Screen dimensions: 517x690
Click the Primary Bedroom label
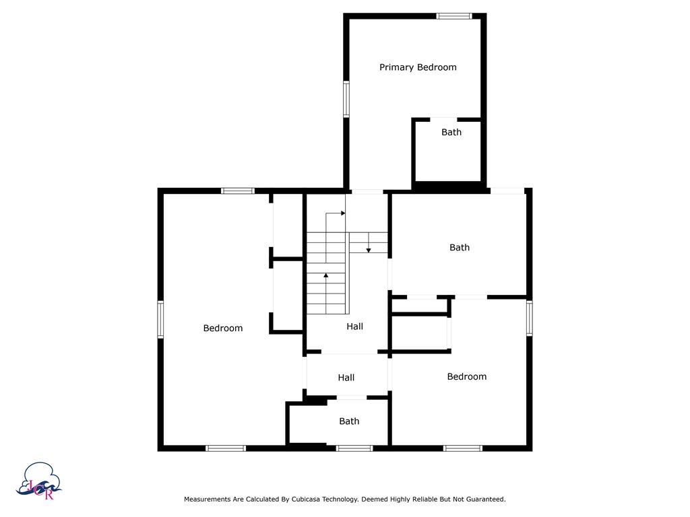click(x=418, y=67)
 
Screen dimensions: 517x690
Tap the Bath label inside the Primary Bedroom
click(x=451, y=133)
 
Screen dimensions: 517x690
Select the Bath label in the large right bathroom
click(x=460, y=248)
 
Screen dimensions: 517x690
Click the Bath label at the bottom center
click(x=349, y=421)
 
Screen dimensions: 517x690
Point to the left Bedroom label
click(x=223, y=329)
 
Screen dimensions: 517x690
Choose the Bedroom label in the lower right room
click(x=467, y=377)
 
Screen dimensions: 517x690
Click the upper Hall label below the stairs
click(x=355, y=326)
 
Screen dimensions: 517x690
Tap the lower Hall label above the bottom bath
click(x=346, y=378)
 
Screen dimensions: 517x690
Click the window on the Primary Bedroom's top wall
click(x=453, y=15)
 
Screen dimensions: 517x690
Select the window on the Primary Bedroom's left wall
click(x=346, y=100)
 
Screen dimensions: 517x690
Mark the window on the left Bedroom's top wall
click(x=238, y=191)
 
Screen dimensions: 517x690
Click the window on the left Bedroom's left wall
click(x=160, y=319)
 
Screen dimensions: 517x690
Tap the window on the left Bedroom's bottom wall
click(x=226, y=448)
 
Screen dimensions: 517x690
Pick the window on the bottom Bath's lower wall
click(x=354, y=448)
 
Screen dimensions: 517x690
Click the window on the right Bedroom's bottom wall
click(x=463, y=448)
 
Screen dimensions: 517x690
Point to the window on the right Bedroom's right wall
click(x=530, y=318)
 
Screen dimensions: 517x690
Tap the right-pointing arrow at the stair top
click(x=342, y=213)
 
